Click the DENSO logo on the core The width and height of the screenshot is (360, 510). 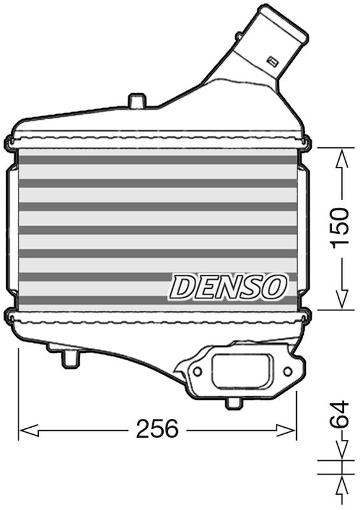tap(227, 287)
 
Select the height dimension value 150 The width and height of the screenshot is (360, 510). tap(340, 228)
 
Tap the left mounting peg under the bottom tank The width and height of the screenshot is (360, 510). tap(68, 360)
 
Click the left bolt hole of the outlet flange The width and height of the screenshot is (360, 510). tap(198, 370)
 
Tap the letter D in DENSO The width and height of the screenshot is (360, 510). tap(182, 288)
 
